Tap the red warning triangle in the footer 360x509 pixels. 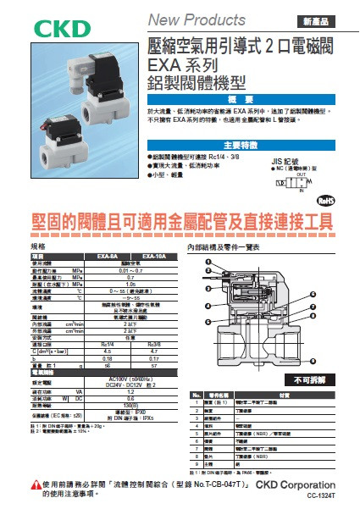click(x=30, y=485)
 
